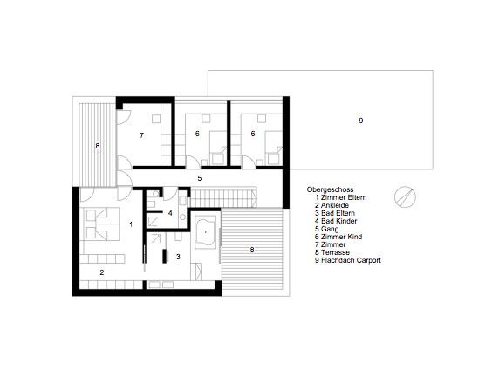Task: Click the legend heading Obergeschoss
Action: pyautogui.click(x=330, y=189)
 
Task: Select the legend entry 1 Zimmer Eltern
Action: pyautogui.click(x=340, y=197)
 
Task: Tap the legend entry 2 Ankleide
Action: pyautogui.click(x=332, y=205)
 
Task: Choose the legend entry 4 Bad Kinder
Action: pyautogui.click(x=336, y=221)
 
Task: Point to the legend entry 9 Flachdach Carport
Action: pyautogui.click(x=348, y=260)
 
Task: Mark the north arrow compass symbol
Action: pyautogui.click(x=405, y=197)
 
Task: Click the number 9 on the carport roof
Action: pyautogui.click(x=361, y=121)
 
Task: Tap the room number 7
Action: pyautogui.click(x=141, y=135)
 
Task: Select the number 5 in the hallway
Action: pyautogui.click(x=200, y=178)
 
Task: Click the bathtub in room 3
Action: pyautogui.click(x=206, y=232)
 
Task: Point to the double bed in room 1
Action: pyautogui.click(x=101, y=224)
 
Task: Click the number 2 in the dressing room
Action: pyautogui.click(x=102, y=272)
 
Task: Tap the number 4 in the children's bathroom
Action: pyautogui.click(x=170, y=213)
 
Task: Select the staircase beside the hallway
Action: pyautogui.click(x=223, y=197)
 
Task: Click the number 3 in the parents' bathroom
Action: pyautogui.click(x=178, y=257)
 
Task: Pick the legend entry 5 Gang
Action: pyautogui.click(x=327, y=229)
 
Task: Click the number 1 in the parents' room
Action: pyautogui.click(x=131, y=224)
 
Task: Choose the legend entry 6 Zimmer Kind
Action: pyautogui.click(x=338, y=237)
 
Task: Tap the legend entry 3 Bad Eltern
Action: pyautogui.click(x=335, y=213)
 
